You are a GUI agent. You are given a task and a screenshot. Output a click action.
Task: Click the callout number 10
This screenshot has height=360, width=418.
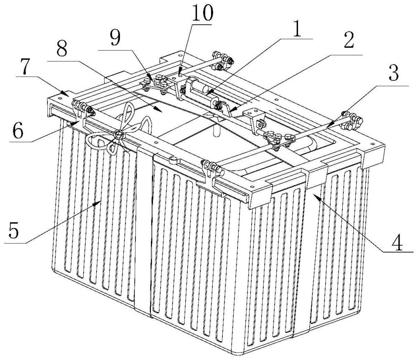[202, 13]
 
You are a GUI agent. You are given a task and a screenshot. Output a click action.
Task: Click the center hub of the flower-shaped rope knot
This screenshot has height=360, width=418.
[118, 134]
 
